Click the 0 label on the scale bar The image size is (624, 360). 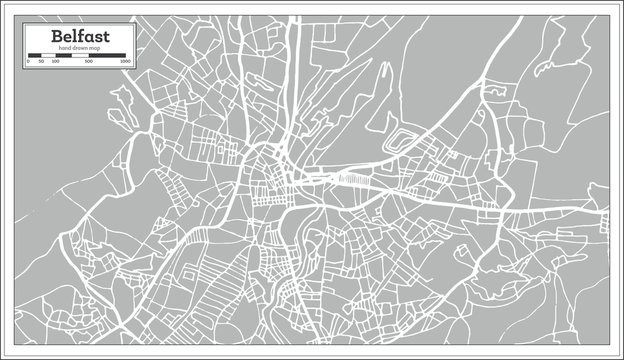[29, 62]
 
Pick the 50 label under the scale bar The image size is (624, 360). [42, 62]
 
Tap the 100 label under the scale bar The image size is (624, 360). [55, 62]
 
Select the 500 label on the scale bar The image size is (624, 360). [90, 62]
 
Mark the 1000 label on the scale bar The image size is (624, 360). [125, 62]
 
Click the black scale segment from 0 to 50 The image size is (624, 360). [35, 56]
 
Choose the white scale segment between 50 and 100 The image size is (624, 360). [48, 56]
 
